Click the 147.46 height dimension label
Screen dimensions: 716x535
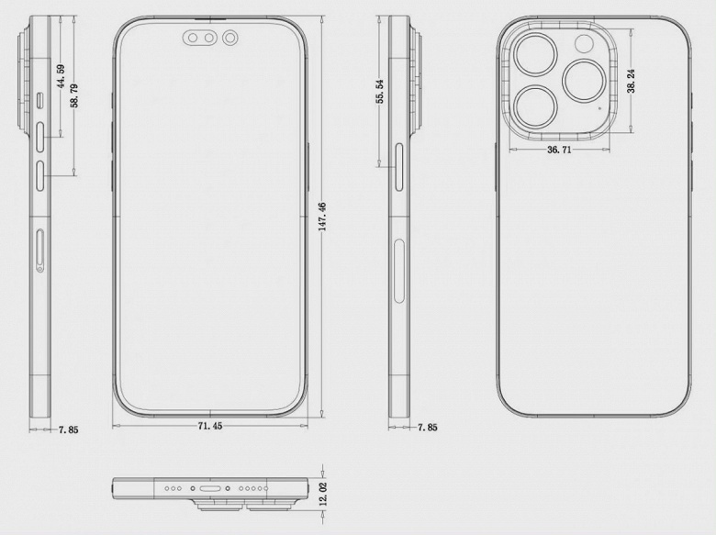click(x=322, y=217)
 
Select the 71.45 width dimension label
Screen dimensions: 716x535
click(x=210, y=426)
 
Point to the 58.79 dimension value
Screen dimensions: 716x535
click(x=74, y=95)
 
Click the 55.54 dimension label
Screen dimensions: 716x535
click(x=380, y=92)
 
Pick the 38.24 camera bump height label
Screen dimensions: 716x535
click(x=631, y=82)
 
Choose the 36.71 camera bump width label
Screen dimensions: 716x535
click(x=559, y=150)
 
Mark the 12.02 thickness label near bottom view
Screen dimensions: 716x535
click(x=323, y=494)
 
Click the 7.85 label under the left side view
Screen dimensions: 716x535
click(x=68, y=429)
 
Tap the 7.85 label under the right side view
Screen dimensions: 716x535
click(x=428, y=428)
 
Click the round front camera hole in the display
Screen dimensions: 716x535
click(x=230, y=38)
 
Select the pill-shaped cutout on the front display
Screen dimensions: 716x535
click(x=201, y=38)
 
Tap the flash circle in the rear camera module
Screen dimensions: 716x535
click(x=584, y=44)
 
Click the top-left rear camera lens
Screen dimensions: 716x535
click(x=535, y=54)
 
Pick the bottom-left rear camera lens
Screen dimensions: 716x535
click(x=535, y=107)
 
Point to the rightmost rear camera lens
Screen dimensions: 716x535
click(x=585, y=81)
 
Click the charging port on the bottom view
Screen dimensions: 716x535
click(x=210, y=489)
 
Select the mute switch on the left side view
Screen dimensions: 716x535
click(x=40, y=100)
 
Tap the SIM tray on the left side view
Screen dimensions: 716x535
click(x=40, y=251)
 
